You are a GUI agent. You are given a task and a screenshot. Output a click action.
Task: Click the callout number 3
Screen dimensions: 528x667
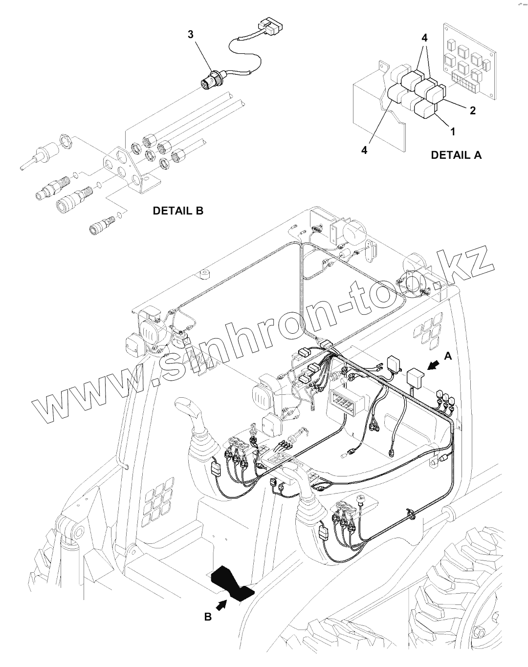point(191,34)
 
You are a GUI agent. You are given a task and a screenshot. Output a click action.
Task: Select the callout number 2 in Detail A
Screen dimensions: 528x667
point(472,110)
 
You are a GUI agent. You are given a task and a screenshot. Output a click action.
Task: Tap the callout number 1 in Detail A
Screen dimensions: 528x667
point(453,131)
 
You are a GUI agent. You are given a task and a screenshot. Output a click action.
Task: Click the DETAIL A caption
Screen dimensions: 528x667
point(456,155)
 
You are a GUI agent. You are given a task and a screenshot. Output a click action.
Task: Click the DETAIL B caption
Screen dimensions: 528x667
point(178,211)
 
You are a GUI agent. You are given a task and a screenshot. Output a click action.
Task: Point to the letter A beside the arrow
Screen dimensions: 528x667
point(448,357)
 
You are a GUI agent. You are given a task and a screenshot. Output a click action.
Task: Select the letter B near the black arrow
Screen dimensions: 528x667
point(208,617)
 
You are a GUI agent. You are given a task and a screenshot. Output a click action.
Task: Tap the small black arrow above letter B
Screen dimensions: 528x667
point(221,605)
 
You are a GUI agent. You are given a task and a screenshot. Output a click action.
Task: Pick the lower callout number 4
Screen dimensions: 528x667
point(364,151)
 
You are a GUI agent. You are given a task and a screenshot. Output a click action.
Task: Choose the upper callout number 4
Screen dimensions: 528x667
point(424,38)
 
